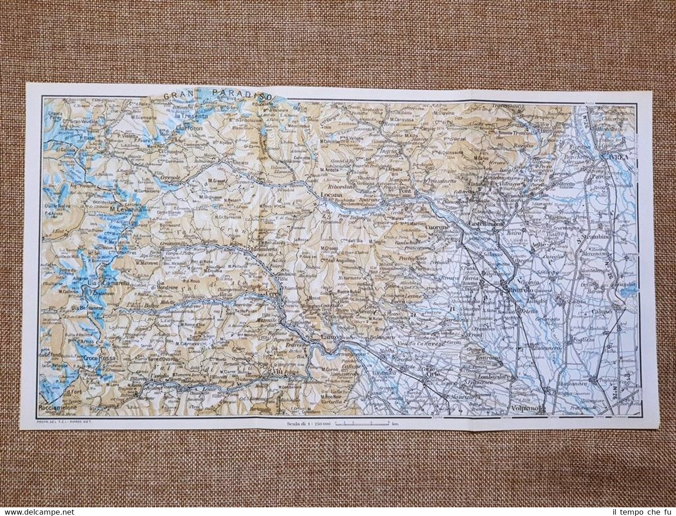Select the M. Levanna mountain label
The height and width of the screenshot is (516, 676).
(x=127, y=209)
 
